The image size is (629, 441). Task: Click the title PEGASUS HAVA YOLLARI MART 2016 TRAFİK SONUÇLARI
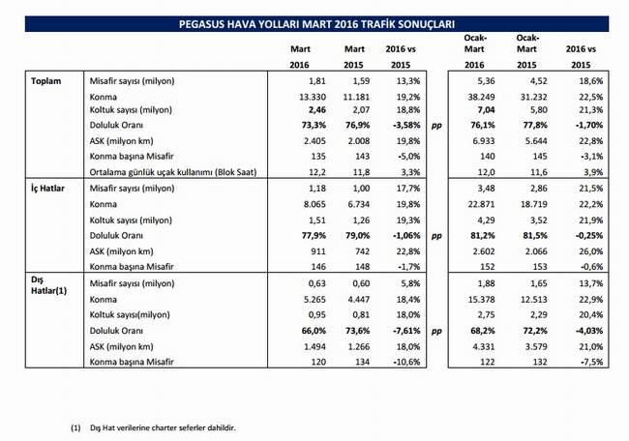pos(316,24)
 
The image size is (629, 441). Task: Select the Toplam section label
pos(46,81)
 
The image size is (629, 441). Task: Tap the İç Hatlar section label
pos(47,188)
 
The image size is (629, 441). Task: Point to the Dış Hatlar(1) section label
pos(49,285)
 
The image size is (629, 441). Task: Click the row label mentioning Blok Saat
pos(173,172)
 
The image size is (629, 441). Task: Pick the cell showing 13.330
pos(313,97)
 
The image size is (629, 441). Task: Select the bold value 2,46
pos(316,110)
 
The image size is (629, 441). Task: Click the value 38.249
pos(481,97)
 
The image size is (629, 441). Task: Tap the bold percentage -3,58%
pos(406,125)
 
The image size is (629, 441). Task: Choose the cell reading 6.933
pos(484,141)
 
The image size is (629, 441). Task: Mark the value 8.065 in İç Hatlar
pos(314,204)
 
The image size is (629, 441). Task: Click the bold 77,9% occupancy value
pos(314,236)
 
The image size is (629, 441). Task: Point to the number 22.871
pos(481,204)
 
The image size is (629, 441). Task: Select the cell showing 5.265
pos(314,300)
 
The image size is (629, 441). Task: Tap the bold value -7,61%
pos(406,331)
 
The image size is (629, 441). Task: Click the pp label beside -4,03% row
pos(436,332)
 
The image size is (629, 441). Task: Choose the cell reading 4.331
pos(484,347)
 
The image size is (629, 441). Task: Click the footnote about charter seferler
pos(163,427)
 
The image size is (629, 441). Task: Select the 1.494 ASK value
pos(314,347)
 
